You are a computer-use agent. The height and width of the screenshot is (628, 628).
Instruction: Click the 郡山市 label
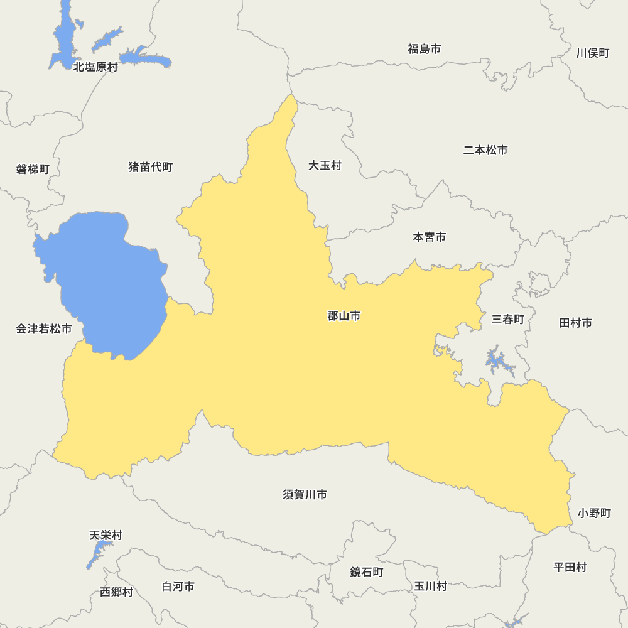tap(344, 316)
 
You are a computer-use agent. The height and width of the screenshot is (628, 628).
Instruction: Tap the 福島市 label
tap(424, 49)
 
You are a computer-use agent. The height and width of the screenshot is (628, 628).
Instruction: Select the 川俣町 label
tap(593, 53)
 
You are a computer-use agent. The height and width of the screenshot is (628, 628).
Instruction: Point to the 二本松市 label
tap(485, 150)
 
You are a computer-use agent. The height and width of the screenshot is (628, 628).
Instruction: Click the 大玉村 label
tap(325, 166)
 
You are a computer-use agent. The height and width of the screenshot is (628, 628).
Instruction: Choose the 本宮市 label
tap(430, 237)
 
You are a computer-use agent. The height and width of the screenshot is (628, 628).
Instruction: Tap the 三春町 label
tap(507, 319)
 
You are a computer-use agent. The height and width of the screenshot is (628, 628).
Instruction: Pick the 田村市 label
tap(575, 323)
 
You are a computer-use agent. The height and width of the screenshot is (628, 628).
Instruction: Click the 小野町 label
tap(594, 513)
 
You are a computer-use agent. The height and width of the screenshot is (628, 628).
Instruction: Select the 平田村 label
tap(570, 567)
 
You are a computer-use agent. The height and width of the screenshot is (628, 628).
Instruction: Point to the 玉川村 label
tap(430, 586)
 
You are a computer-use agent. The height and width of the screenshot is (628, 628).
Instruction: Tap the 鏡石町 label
tap(366, 572)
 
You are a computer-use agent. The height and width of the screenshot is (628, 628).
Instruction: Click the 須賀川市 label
tap(305, 495)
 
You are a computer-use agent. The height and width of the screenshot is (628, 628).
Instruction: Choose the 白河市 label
tap(178, 587)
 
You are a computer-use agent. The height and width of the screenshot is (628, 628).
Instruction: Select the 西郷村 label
tap(116, 592)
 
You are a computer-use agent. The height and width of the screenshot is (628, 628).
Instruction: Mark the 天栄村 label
tap(106, 536)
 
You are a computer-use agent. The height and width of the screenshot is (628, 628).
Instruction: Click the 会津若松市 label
tap(44, 329)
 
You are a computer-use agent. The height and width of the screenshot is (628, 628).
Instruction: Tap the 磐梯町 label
tap(33, 169)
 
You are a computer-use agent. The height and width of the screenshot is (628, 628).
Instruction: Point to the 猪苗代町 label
tap(150, 167)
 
